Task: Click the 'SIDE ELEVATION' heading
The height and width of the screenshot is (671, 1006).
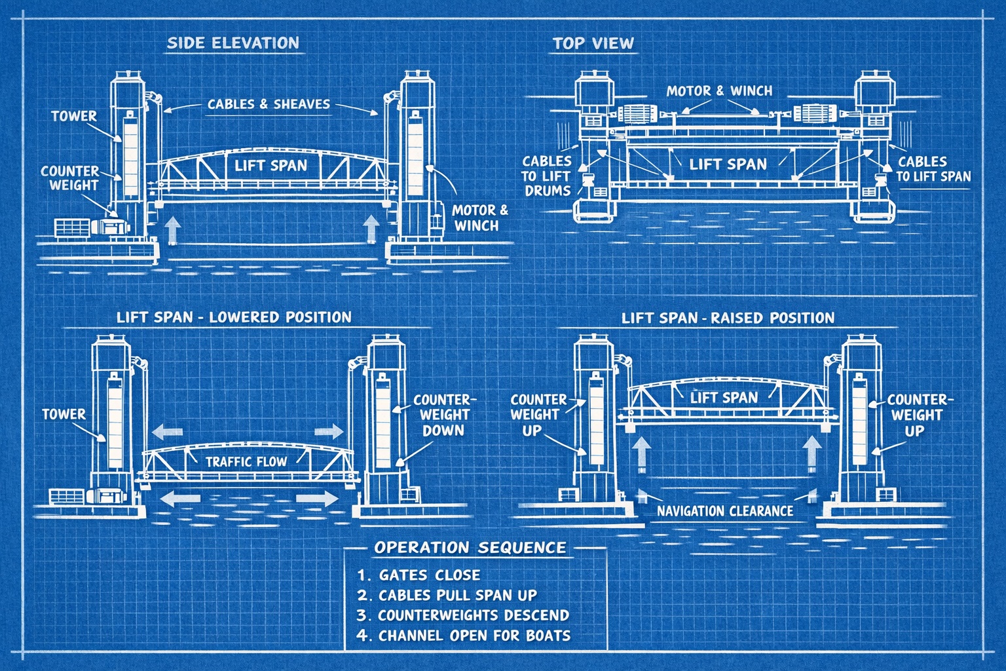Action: (x=233, y=43)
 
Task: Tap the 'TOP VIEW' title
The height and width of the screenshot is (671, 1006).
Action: (x=593, y=44)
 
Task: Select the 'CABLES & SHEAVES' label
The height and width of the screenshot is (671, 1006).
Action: (x=269, y=104)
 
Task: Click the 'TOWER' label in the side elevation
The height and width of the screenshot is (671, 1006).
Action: (x=73, y=117)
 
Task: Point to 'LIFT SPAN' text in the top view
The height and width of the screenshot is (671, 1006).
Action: (x=728, y=164)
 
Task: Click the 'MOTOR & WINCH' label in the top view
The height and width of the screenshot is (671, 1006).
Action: (x=719, y=91)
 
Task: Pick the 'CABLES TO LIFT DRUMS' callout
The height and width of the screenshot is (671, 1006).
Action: (x=547, y=176)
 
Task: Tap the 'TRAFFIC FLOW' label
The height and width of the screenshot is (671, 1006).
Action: (x=246, y=461)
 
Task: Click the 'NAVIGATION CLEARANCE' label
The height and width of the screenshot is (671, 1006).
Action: (x=725, y=511)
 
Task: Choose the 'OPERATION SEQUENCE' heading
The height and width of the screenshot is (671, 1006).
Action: (x=470, y=547)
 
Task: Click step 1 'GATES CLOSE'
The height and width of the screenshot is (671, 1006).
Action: (x=419, y=575)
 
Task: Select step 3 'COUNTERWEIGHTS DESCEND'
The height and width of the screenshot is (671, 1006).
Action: (x=463, y=615)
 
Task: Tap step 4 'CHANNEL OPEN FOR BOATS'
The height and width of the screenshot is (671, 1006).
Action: (x=464, y=636)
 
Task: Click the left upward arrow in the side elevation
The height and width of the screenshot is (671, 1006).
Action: (x=172, y=230)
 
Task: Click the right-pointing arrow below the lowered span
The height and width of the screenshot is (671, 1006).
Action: (x=317, y=499)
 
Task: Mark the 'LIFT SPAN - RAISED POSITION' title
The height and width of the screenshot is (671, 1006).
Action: (x=728, y=318)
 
